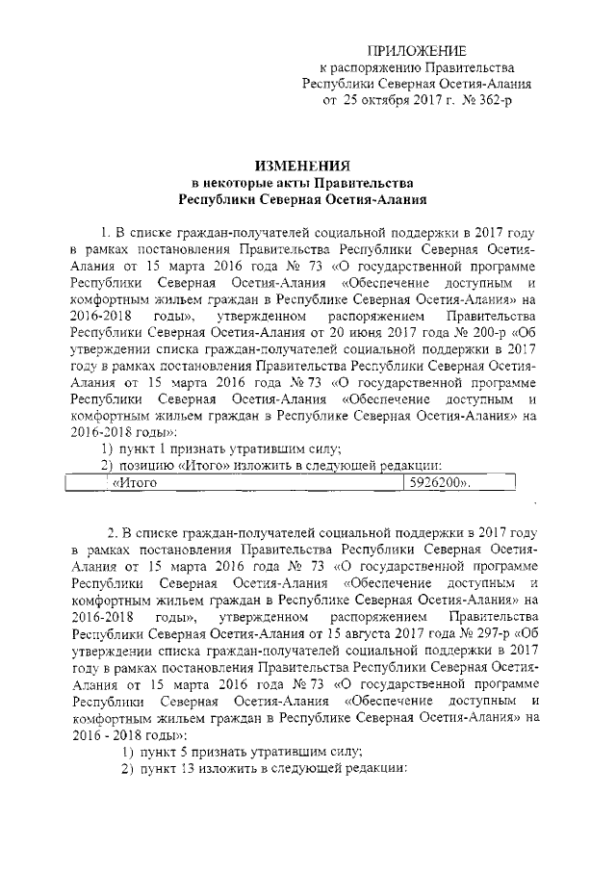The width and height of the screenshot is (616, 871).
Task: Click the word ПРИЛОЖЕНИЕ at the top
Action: (420, 49)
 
